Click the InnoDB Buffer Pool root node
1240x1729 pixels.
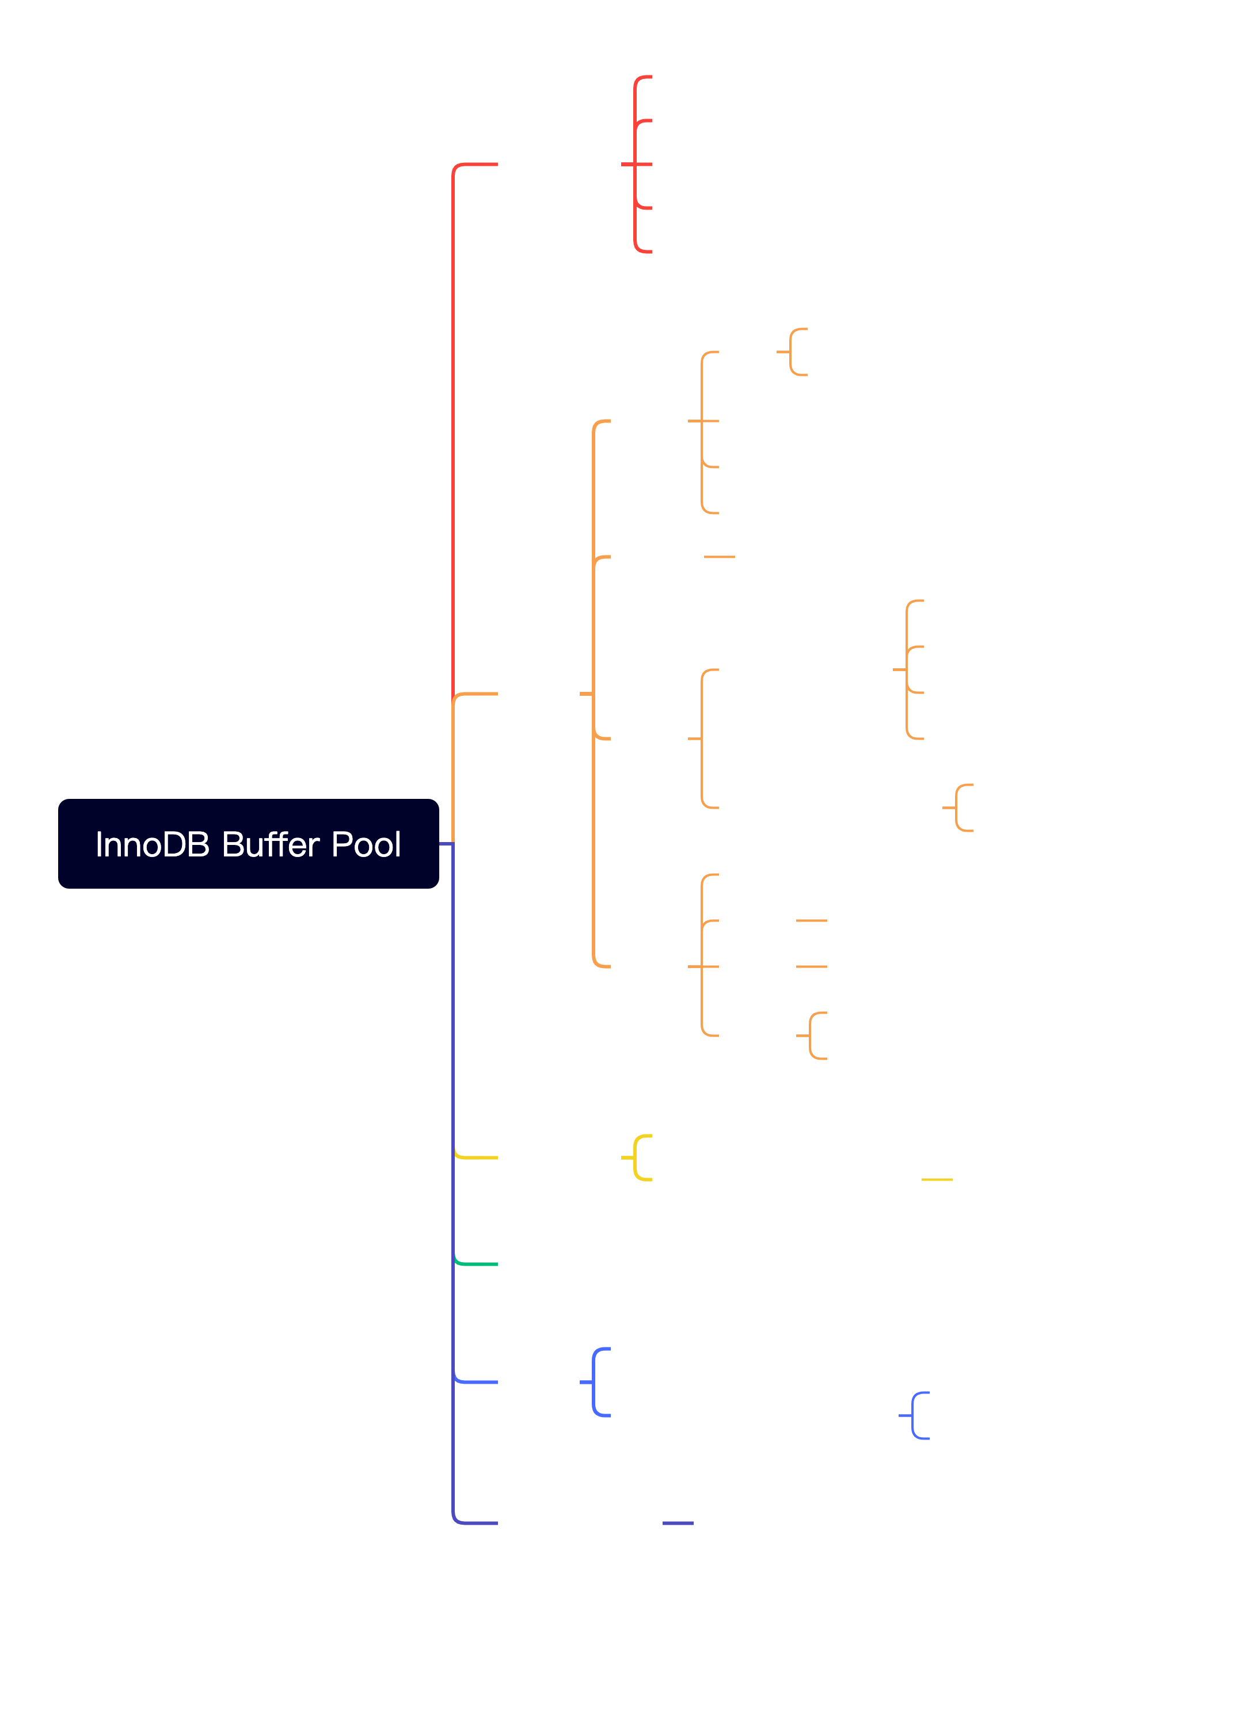pos(248,844)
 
